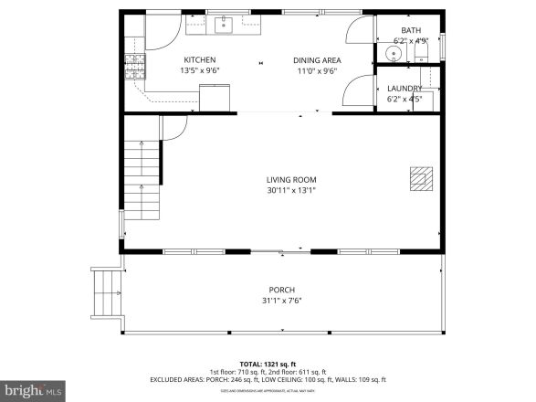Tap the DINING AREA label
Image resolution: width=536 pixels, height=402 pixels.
[315, 60]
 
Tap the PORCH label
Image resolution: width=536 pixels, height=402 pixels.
[281, 290]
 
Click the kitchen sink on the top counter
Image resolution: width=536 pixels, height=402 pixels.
[224, 25]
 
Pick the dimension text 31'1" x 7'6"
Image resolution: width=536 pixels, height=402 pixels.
[281, 301]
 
